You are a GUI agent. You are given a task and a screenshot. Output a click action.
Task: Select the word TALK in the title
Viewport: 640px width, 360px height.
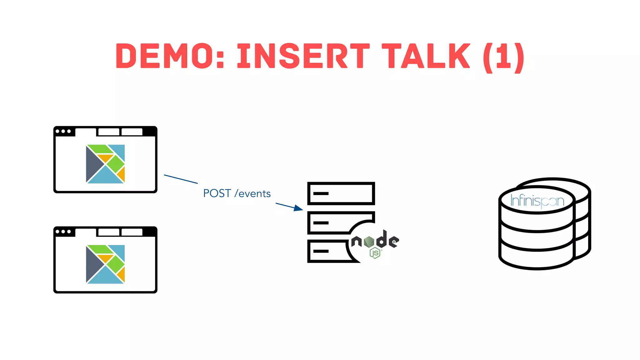click(426, 56)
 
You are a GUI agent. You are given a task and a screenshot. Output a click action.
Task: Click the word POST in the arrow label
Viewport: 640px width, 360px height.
click(217, 193)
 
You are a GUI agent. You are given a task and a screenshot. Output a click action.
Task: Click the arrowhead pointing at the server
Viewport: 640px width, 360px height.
click(298, 208)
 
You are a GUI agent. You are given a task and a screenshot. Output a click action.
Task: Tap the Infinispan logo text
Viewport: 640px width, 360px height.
click(537, 201)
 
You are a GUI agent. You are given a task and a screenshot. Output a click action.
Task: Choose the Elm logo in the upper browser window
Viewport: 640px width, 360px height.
click(105, 164)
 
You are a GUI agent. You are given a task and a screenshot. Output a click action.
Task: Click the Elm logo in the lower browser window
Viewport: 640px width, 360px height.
click(105, 264)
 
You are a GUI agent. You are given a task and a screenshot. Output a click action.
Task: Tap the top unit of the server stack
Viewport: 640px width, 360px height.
click(341, 193)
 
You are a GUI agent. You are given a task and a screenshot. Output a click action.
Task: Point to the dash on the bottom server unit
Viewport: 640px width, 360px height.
click(321, 251)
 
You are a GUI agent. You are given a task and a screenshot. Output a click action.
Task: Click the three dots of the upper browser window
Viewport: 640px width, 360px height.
click(63, 131)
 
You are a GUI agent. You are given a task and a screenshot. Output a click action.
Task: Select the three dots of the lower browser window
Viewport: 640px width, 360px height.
click(63, 232)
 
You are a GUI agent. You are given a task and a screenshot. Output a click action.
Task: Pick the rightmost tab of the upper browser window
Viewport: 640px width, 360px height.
click(132, 132)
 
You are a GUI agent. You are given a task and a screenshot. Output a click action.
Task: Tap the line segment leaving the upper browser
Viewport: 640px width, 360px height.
click(181, 179)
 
